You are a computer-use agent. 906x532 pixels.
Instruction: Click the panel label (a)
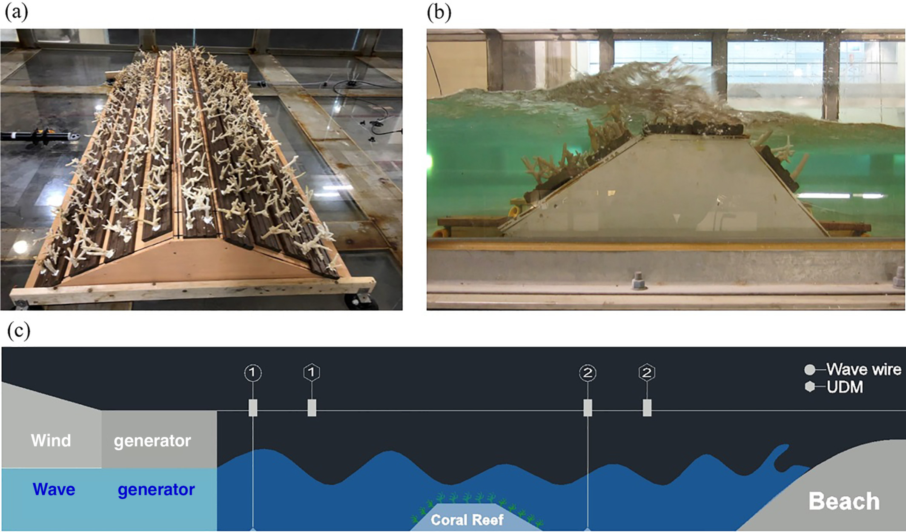point(16,12)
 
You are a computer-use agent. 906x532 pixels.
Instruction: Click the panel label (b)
point(439,12)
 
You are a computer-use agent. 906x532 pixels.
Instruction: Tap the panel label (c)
point(19,331)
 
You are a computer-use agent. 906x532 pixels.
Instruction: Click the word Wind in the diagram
point(51,440)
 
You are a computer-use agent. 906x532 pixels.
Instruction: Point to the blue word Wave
point(54,489)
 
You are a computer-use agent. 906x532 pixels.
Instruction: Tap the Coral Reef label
point(467,520)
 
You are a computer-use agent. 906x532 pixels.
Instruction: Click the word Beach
point(844,501)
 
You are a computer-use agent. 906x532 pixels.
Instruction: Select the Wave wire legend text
point(864,369)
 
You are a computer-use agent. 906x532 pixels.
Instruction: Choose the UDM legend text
point(845,387)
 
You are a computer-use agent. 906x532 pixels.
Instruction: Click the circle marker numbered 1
point(252,373)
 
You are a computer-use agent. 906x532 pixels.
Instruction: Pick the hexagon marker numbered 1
point(312,372)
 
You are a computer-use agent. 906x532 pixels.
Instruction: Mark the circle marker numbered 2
point(588,373)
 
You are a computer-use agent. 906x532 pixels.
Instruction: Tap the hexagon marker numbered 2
point(647,373)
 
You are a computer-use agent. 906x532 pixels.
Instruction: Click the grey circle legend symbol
point(810,369)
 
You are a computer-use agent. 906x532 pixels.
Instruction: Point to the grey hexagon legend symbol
point(810,386)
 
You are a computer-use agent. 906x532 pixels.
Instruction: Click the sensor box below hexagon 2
point(647,408)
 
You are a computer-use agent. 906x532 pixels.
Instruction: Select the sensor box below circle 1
point(253,408)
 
